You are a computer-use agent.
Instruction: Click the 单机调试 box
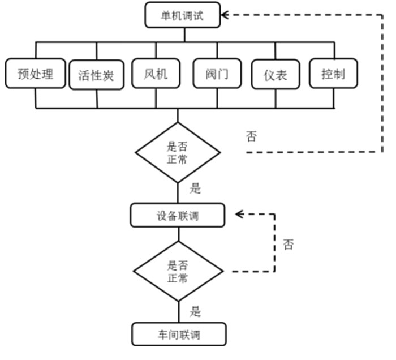click(x=182, y=15)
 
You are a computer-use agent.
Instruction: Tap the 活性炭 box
click(x=96, y=75)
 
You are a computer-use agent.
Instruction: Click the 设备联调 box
click(x=178, y=216)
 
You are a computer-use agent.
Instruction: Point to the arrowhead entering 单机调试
click(x=225, y=15)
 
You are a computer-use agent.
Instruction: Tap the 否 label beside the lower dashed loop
click(x=288, y=245)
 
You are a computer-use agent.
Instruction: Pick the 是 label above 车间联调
click(x=196, y=310)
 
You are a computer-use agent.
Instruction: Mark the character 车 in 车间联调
click(x=162, y=335)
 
